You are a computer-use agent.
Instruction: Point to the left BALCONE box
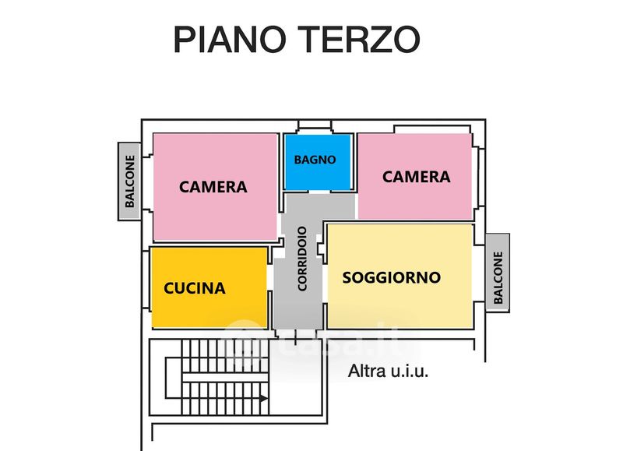pyautogui.click(x=129, y=181)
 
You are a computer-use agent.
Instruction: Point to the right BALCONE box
pyautogui.click(x=498, y=273)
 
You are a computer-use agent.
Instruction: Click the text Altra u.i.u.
pyautogui.click(x=388, y=371)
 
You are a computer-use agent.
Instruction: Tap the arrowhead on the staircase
pyautogui.click(x=264, y=398)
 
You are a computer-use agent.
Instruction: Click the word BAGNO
pyautogui.click(x=315, y=160)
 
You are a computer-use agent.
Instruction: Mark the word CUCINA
pyautogui.click(x=195, y=288)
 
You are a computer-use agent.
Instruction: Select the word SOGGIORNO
pyautogui.click(x=392, y=277)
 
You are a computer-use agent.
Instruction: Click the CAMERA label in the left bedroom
pyautogui.click(x=213, y=187)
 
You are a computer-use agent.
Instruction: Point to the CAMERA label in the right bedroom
pyautogui.click(x=416, y=177)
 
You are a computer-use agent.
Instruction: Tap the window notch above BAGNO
pyautogui.click(x=315, y=126)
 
